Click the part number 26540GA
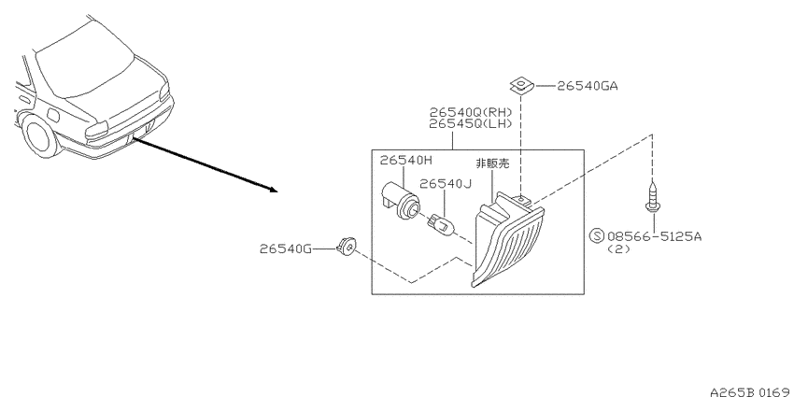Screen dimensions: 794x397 click(588, 86)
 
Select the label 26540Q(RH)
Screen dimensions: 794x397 click(471, 112)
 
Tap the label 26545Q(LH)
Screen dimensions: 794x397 click(471, 124)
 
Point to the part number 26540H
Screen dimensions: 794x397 click(406, 161)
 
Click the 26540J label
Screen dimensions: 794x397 click(445, 184)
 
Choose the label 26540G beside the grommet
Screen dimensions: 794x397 click(286, 248)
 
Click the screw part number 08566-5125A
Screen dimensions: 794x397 click(654, 236)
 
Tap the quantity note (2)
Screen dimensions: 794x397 click(618, 248)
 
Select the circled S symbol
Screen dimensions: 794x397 click(598, 236)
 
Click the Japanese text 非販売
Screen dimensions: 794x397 click(492, 163)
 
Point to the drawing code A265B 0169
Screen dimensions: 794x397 click(751, 391)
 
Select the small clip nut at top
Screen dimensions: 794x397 click(522, 86)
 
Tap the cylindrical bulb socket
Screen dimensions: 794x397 click(400, 200)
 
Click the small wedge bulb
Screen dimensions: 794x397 click(439, 223)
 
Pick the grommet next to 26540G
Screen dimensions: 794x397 click(346, 246)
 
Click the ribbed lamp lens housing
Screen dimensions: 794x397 click(507, 239)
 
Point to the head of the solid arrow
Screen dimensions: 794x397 click(274, 190)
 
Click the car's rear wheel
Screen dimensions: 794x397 click(40, 135)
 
